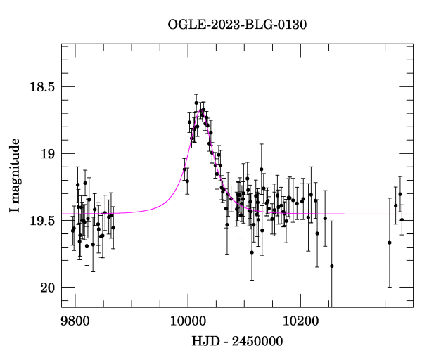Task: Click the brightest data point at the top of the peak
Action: click(196, 103)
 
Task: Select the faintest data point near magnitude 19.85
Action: click(332, 266)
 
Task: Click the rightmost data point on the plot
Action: click(402, 220)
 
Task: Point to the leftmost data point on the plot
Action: click(72, 231)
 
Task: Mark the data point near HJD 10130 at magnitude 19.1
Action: click(262, 169)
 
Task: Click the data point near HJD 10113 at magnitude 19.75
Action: click(252, 252)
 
